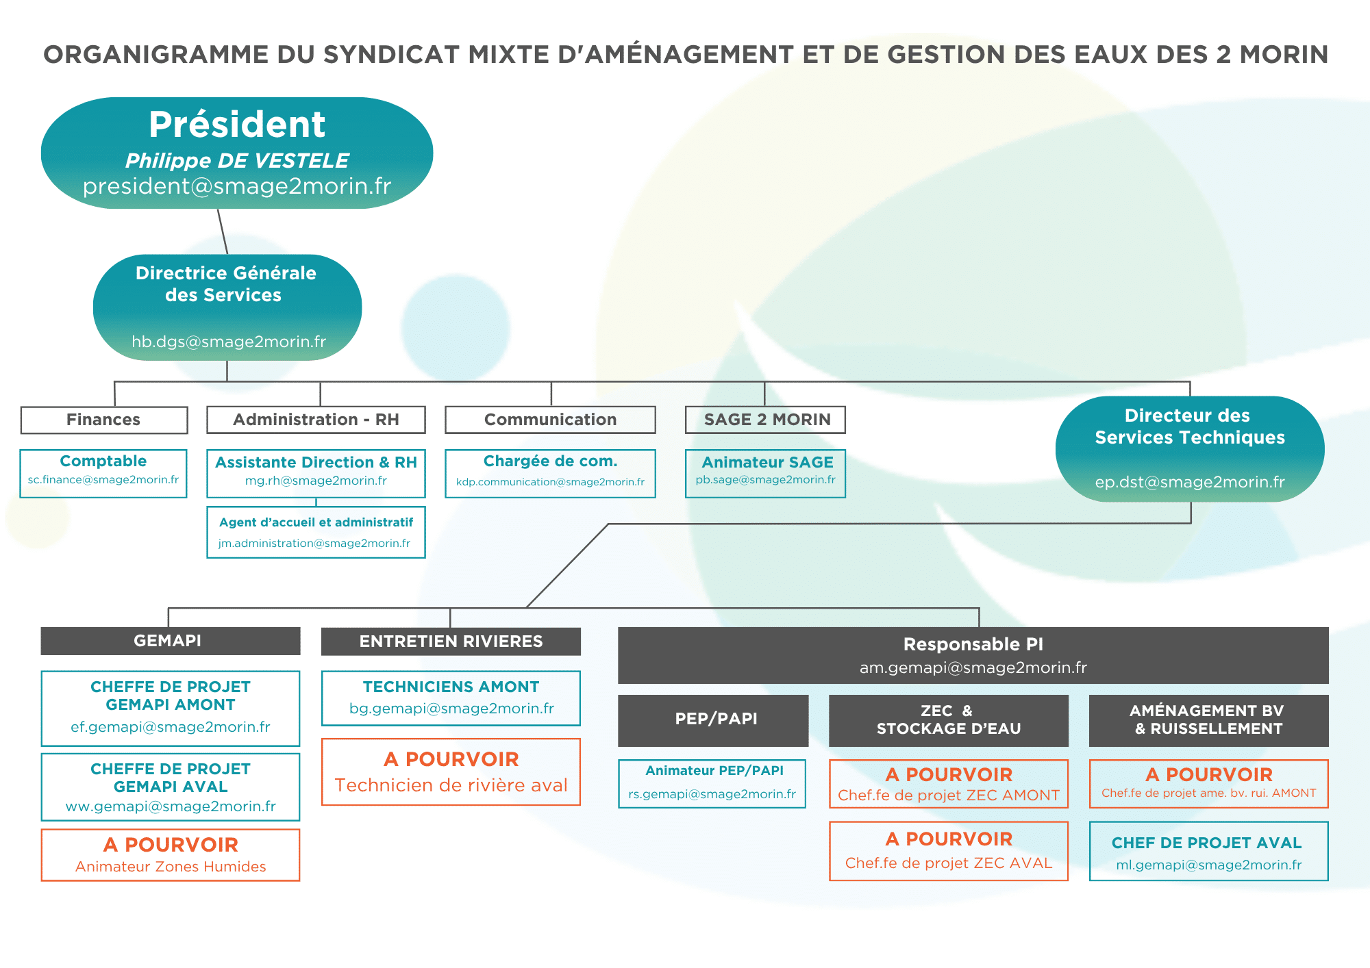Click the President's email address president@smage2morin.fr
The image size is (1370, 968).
coord(237,186)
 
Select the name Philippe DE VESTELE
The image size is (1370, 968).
coord(237,161)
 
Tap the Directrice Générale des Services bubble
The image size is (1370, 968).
coord(227,307)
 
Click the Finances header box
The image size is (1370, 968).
coord(103,420)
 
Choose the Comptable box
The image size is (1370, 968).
coord(103,472)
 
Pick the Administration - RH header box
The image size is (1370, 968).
coord(316,420)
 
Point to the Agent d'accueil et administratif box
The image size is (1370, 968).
coord(316,532)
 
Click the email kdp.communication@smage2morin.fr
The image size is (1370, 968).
coord(550,482)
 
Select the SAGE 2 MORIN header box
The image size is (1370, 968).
coord(765,420)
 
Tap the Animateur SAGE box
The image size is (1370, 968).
coord(765,472)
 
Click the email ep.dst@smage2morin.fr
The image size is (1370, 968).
coord(1190,482)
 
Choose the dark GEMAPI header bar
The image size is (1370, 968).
coord(170,641)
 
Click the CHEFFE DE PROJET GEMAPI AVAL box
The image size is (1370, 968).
coord(170,787)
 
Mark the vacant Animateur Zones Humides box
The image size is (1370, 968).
coord(170,854)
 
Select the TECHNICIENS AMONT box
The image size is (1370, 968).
coord(451,698)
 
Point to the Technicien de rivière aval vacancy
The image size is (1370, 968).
coord(451,772)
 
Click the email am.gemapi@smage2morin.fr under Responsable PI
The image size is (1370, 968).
coord(973,667)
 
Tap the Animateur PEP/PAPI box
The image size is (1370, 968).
coord(712,783)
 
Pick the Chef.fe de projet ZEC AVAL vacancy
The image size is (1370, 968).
coord(948,850)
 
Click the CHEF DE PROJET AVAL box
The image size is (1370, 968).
coord(1208,851)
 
